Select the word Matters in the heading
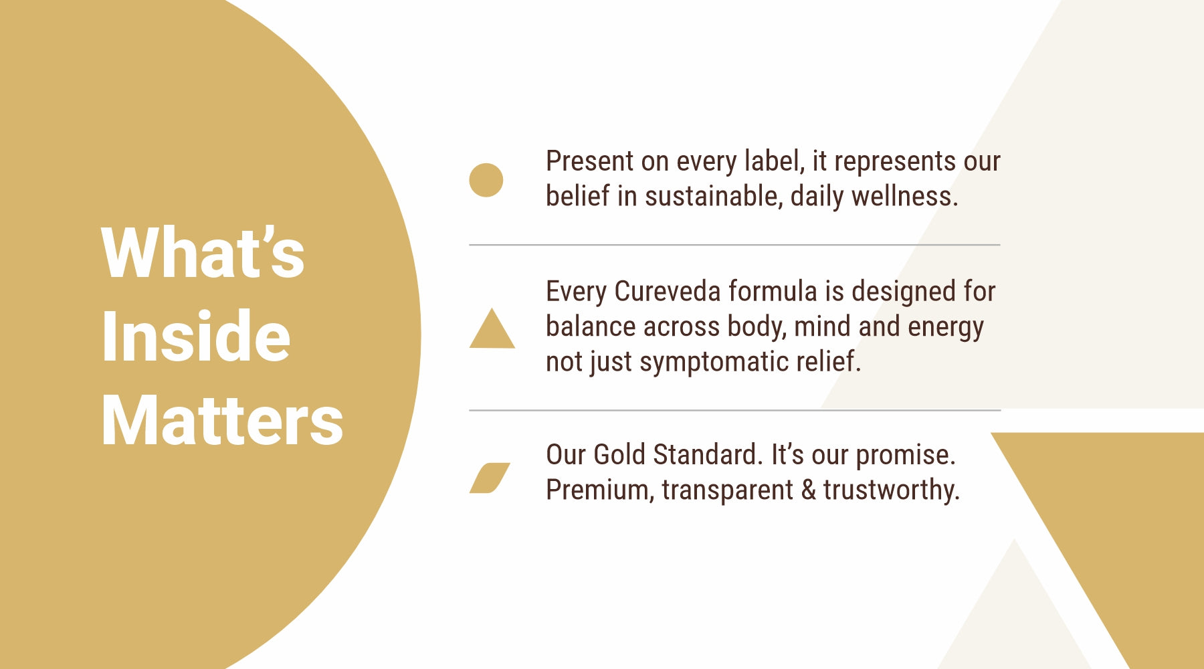(x=222, y=420)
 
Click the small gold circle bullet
(x=486, y=180)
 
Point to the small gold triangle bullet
(x=492, y=328)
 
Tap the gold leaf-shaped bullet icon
(x=490, y=478)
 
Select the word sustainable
(x=714, y=196)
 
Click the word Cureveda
(x=668, y=292)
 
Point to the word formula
(x=773, y=292)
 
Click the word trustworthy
(x=892, y=490)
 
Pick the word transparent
(x=728, y=491)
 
